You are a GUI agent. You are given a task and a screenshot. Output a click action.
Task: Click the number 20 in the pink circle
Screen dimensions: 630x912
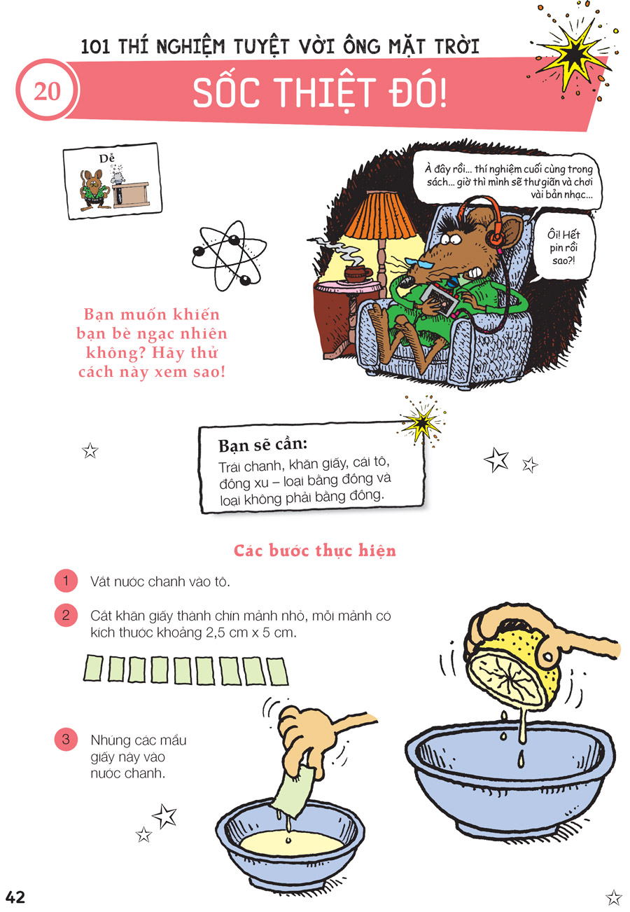coord(47,91)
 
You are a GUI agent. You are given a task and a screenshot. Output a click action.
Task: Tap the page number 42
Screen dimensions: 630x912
coord(15,897)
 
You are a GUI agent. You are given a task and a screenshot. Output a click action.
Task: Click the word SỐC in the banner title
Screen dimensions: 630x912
coord(226,93)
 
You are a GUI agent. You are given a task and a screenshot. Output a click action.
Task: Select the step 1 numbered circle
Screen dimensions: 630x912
coord(66,580)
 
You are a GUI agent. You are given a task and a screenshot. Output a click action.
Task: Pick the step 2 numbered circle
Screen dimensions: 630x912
coord(66,615)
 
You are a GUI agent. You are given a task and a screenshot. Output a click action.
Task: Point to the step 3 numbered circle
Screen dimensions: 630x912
coord(66,739)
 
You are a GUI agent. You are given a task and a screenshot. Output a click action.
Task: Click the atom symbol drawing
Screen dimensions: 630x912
coord(229,255)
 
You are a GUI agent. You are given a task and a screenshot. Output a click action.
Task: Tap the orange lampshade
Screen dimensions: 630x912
coord(380,215)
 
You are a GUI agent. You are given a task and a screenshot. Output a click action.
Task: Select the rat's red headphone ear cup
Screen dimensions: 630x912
coord(496,237)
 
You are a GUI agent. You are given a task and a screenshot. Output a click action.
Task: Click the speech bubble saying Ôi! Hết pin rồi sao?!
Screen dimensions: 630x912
coord(563,247)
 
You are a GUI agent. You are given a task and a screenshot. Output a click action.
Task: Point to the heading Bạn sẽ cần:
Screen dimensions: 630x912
coord(262,445)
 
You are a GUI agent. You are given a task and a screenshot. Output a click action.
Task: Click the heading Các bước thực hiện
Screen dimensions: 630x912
coord(314,550)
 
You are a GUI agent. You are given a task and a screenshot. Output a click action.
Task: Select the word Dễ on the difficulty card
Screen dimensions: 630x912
coord(106,158)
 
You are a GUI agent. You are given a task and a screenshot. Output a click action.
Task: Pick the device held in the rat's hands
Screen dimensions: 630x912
coord(440,299)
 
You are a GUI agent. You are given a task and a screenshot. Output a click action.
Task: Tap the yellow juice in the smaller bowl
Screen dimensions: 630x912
coord(291,843)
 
